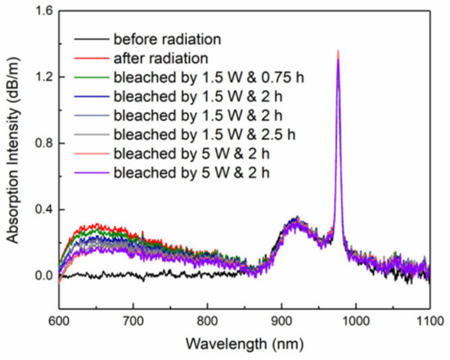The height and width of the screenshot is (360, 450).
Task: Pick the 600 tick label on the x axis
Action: (x=59, y=316)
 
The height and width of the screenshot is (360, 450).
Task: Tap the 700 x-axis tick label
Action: (x=133, y=316)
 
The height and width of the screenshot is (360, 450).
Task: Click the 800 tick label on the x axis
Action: (x=207, y=316)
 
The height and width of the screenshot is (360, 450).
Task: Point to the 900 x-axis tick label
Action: (x=281, y=316)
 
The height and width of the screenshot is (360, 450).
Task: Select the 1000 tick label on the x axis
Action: (x=355, y=316)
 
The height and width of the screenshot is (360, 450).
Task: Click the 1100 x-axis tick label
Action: (x=429, y=316)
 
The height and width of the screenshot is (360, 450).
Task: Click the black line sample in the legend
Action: (x=91, y=39)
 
